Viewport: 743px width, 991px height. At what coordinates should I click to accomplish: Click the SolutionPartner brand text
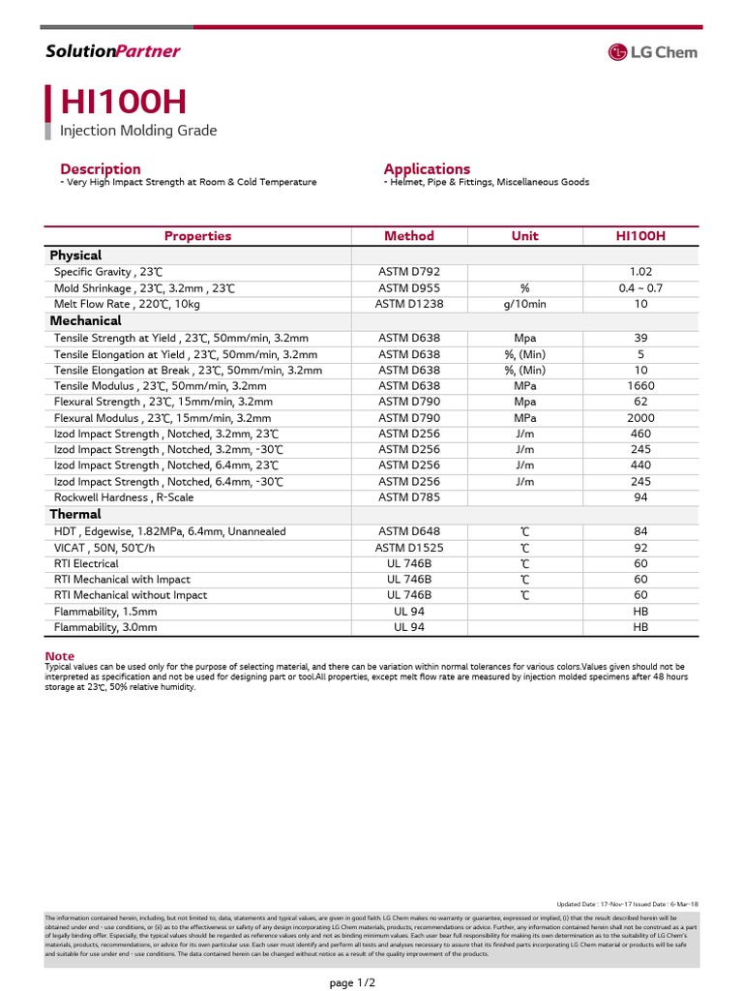pos(113,51)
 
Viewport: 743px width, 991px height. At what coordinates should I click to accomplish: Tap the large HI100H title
pos(124,103)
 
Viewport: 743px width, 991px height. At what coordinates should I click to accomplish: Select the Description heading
pos(101,168)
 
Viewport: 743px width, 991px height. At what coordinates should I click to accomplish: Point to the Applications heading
pos(427,168)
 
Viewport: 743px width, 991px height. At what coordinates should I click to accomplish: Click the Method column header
pos(409,235)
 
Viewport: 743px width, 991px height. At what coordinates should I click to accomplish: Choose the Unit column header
pos(524,235)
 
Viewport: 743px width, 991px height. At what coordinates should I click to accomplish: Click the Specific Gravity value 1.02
pos(640,273)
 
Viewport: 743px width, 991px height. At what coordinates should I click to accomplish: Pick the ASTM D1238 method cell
pos(409,304)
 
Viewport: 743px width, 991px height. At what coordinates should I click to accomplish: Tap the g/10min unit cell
pos(524,304)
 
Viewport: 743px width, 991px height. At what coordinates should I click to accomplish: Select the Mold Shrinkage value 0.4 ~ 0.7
pos(640,288)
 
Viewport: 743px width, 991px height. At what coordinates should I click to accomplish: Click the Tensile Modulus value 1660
pos(640,386)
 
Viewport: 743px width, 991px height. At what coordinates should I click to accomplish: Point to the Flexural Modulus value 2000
pos(640,418)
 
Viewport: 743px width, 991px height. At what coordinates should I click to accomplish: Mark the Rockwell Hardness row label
pos(124,497)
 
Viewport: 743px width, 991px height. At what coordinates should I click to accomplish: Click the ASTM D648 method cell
pos(409,531)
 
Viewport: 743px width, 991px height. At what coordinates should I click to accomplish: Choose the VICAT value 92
pos(640,548)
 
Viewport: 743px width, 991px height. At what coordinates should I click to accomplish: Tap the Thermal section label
pos(75,514)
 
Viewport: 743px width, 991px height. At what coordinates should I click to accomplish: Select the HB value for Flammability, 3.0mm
pos(640,627)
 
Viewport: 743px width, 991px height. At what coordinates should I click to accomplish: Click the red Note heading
pos(60,656)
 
